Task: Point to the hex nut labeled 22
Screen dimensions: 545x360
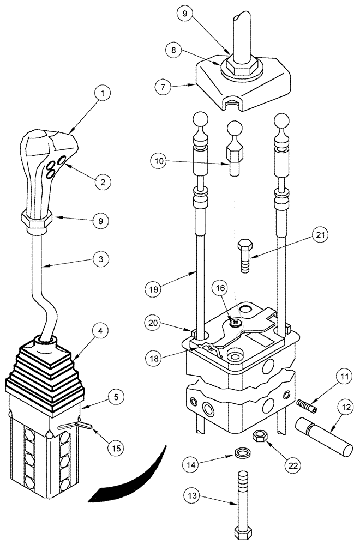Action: click(260, 436)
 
